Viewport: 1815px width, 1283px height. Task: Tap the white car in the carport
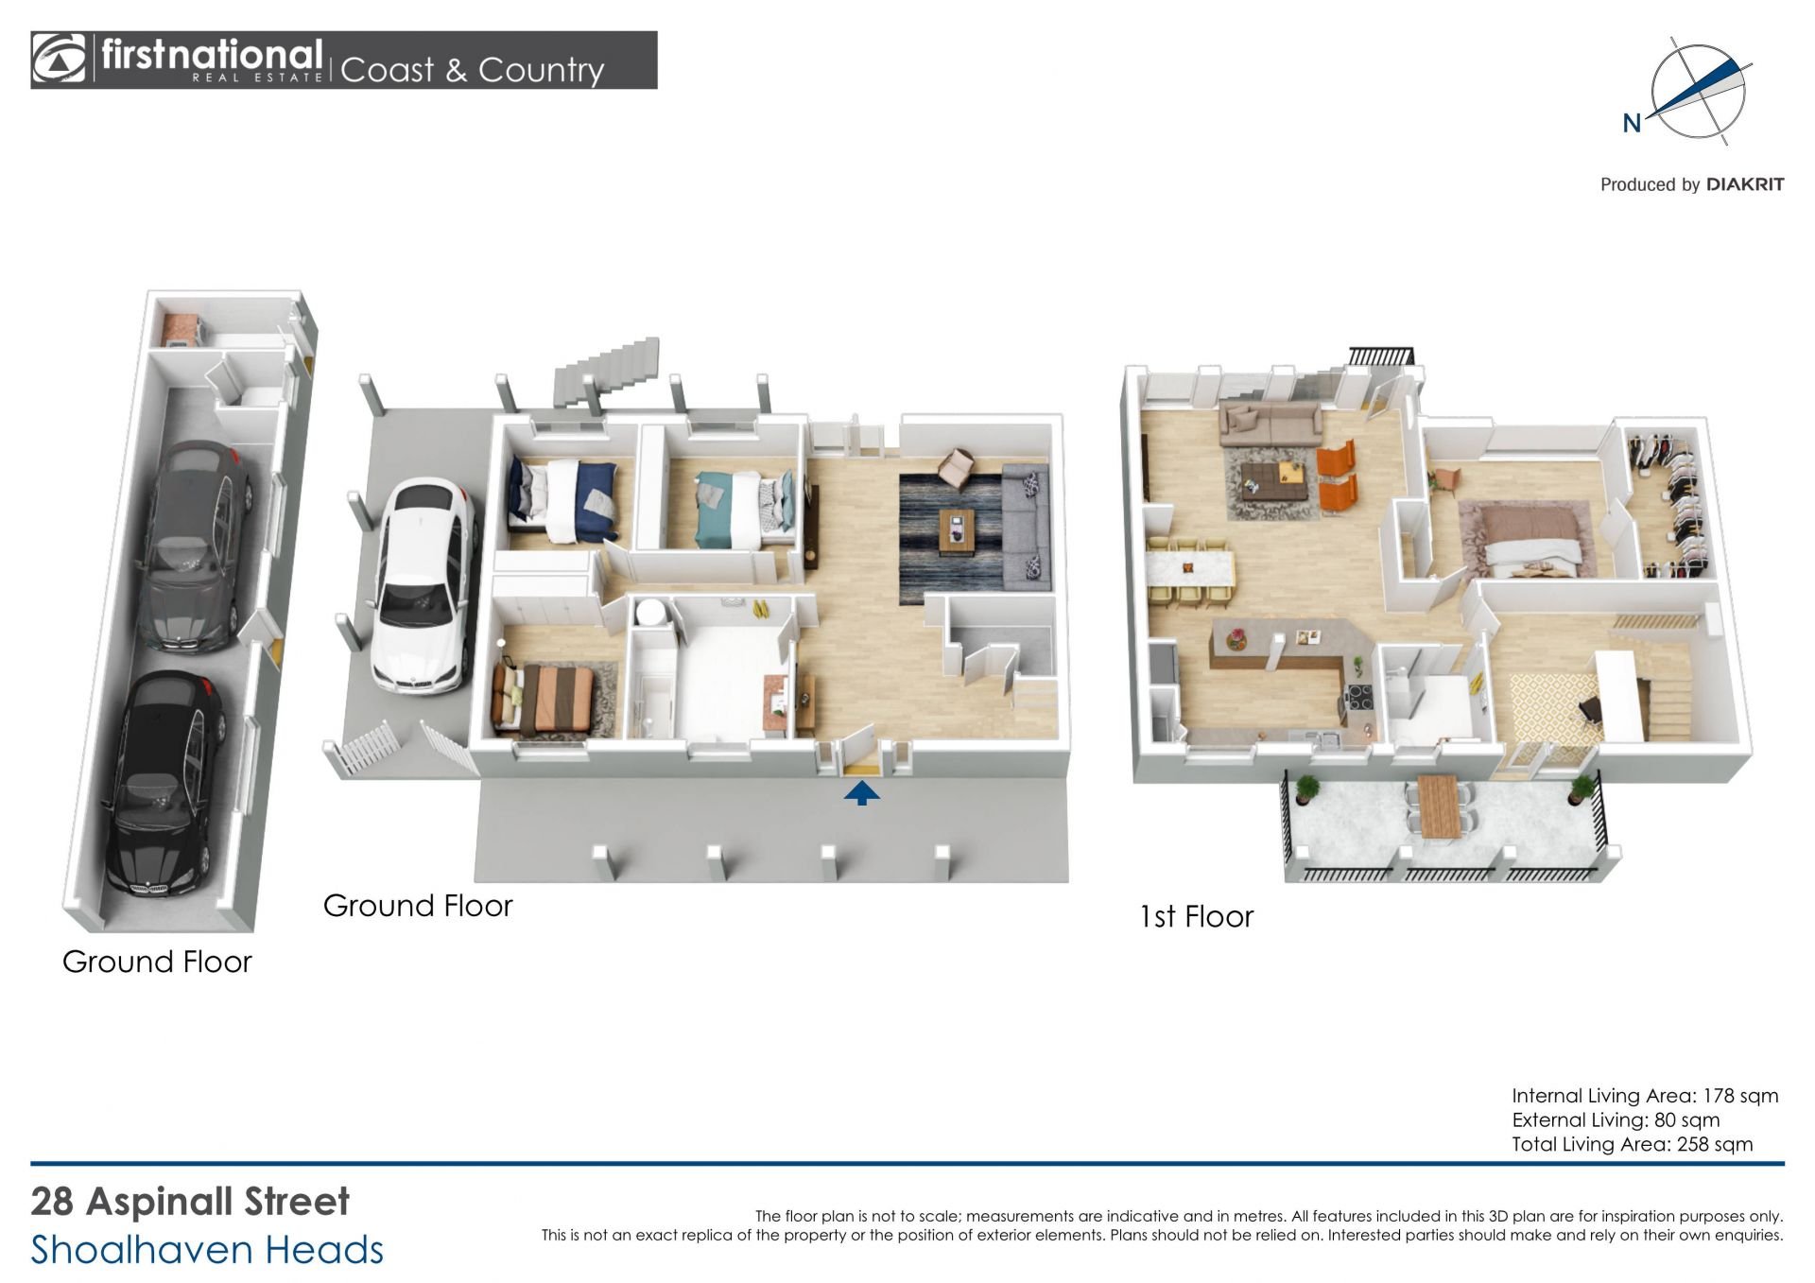pyautogui.click(x=422, y=585)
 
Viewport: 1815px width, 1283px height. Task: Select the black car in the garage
pyautogui.click(x=165, y=784)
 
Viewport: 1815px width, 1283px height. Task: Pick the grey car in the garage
pyautogui.click(x=194, y=547)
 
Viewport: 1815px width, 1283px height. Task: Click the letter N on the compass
pyautogui.click(x=1632, y=123)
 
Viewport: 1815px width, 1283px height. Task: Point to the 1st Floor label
pyautogui.click(x=1196, y=916)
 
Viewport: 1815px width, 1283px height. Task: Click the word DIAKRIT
pyautogui.click(x=1745, y=184)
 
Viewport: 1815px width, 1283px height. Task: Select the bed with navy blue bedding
pyautogui.click(x=563, y=499)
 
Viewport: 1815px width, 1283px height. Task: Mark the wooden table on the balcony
pyautogui.click(x=1439, y=806)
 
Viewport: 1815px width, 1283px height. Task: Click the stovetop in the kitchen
pyautogui.click(x=1359, y=698)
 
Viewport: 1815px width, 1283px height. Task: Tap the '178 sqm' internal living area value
pyautogui.click(x=1740, y=1096)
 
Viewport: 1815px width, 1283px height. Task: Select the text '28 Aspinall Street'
pyautogui.click(x=190, y=1202)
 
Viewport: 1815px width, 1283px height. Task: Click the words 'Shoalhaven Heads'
pyautogui.click(x=207, y=1250)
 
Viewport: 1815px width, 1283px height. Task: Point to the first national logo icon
pyautogui.click(x=59, y=60)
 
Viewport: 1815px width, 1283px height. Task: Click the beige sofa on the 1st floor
pyautogui.click(x=1270, y=423)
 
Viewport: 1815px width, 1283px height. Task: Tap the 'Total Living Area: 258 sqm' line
pyautogui.click(x=1633, y=1144)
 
